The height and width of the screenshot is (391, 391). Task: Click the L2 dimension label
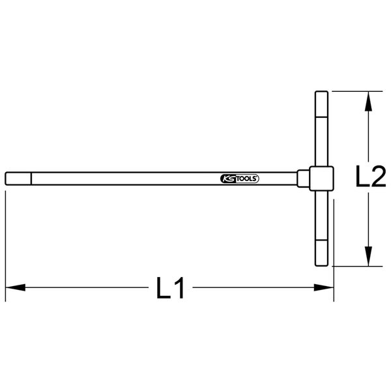pyautogui.click(x=366, y=177)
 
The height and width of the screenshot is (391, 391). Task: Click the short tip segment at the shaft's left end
pyautogui.click(x=17, y=179)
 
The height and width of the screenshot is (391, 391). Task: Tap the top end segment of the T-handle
pyautogui.click(x=321, y=103)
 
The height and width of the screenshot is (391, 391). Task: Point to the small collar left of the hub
pyautogui.click(x=303, y=178)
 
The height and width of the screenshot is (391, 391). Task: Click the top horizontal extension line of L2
pyautogui.click(x=355, y=91)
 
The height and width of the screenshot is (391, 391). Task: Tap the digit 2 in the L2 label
pyautogui.click(x=375, y=177)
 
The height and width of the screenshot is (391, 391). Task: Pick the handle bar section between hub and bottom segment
pyautogui.click(x=321, y=215)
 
